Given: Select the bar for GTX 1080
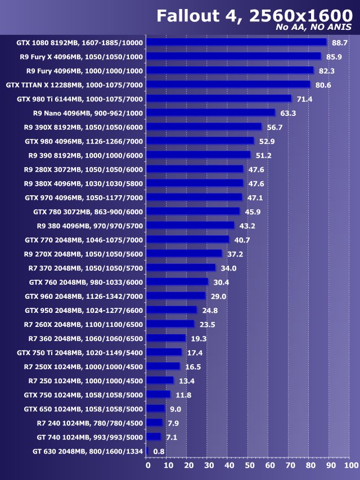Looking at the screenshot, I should click(x=237, y=42).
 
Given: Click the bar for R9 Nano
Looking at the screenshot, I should click(x=211, y=113).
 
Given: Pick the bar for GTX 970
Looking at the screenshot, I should click(x=195, y=197).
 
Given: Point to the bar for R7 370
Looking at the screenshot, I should click(x=181, y=267).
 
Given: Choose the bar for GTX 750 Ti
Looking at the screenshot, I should click(x=164, y=352).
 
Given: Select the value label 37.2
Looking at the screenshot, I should click(x=236, y=254).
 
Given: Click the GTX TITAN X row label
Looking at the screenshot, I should click(x=74, y=85).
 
